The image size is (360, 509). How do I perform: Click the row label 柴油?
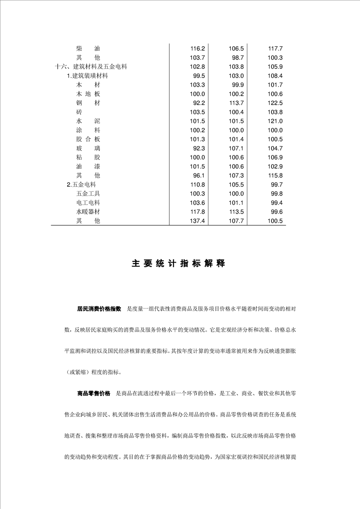point(88,49)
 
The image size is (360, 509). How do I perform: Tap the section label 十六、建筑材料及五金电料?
point(91,67)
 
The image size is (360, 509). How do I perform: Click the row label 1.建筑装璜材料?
point(87,76)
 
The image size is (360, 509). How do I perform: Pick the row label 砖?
point(79,112)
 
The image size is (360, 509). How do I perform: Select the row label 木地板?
point(88,94)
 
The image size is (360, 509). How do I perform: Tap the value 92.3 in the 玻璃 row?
point(199,148)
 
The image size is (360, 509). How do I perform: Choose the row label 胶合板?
point(88,139)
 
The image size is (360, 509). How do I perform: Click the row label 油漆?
point(88,166)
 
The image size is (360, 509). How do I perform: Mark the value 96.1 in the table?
point(199,176)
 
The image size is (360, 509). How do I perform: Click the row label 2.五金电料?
point(81,185)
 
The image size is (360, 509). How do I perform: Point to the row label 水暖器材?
point(88,212)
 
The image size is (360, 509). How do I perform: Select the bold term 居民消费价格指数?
point(99,308)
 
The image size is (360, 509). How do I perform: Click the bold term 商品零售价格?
point(94,393)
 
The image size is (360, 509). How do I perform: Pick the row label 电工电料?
point(88,203)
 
